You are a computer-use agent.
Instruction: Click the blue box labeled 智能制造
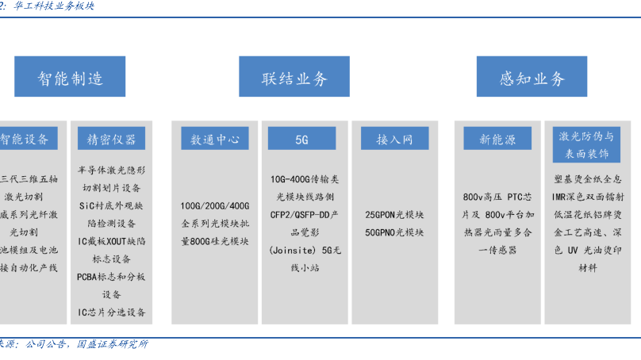71,77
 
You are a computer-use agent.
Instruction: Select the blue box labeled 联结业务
294,77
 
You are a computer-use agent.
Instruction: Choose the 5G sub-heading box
301,139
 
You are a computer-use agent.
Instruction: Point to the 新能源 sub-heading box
497,139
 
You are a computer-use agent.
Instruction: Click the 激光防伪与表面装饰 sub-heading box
586,144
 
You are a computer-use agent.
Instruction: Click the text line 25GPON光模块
394,215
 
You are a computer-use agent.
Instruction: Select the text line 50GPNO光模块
394,232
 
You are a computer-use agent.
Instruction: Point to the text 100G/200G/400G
215,205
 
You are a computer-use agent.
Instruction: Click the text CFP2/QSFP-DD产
305,214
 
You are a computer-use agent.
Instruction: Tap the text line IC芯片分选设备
111,312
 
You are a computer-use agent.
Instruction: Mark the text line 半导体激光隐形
111,170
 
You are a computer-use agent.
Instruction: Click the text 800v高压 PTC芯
497,197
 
